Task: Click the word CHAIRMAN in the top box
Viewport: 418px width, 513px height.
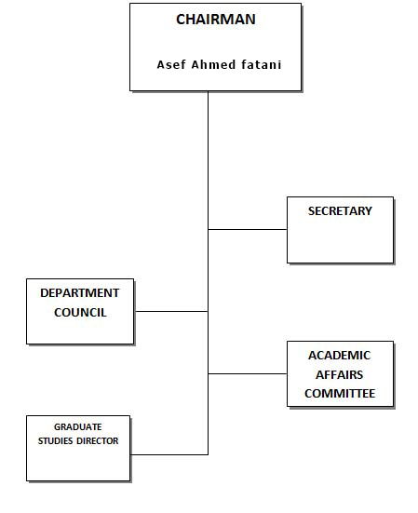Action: pos(216,20)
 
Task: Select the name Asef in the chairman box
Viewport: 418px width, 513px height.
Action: pos(171,65)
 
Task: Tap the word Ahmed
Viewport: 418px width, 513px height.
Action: pos(213,65)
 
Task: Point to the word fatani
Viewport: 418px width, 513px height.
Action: pos(262,65)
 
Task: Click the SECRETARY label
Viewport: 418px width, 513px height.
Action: pos(340,211)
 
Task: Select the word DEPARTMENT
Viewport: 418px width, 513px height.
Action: pos(80,293)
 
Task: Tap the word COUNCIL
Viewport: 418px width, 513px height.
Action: pos(80,313)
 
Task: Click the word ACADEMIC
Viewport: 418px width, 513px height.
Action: pos(340,356)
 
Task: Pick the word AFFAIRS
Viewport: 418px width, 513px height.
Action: pos(340,374)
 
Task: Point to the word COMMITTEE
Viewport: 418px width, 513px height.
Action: pos(340,394)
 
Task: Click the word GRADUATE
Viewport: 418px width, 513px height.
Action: pos(78,427)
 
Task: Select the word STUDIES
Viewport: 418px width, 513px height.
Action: pos(55,441)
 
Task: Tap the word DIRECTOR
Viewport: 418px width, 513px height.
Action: pos(98,441)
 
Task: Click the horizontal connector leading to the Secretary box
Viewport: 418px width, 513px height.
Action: pos(248,229)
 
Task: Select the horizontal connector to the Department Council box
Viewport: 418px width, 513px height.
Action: pos(171,312)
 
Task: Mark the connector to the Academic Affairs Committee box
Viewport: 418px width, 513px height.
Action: pos(248,373)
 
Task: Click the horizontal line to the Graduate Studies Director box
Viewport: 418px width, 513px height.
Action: pos(169,454)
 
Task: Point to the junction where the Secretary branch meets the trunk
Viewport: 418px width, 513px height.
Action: pos(208,229)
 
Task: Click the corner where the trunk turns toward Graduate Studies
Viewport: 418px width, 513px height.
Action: pos(208,454)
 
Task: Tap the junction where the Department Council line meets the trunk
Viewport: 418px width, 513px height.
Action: pos(208,312)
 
